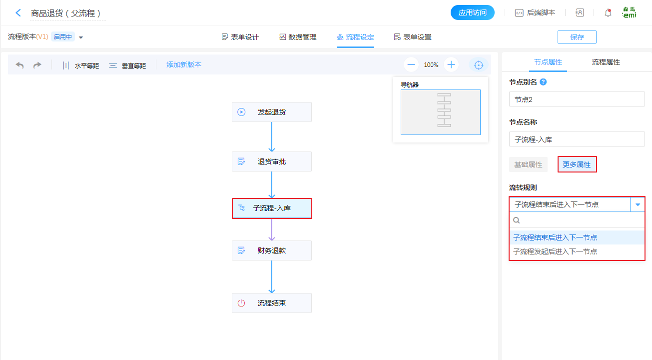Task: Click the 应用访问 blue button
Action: pos(472,13)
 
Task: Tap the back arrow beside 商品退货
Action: pos(18,13)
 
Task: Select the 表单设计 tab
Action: pos(240,37)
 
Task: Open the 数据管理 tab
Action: pos(298,37)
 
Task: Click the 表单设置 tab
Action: pos(413,37)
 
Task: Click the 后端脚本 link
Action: pos(535,13)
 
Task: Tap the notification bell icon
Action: pos(608,13)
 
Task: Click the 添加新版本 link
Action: pos(184,65)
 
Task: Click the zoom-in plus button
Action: pos(451,64)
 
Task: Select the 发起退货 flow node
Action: pos(272,112)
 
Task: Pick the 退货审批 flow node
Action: pos(272,161)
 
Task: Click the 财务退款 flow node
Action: pos(272,250)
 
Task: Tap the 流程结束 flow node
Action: pos(272,303)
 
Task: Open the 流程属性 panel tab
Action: pos(606,62)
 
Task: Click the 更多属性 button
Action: pos(577,164)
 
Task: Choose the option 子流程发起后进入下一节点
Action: pos(556,251)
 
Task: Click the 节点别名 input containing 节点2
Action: pos(577,99)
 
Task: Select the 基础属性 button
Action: pos(528,164)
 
